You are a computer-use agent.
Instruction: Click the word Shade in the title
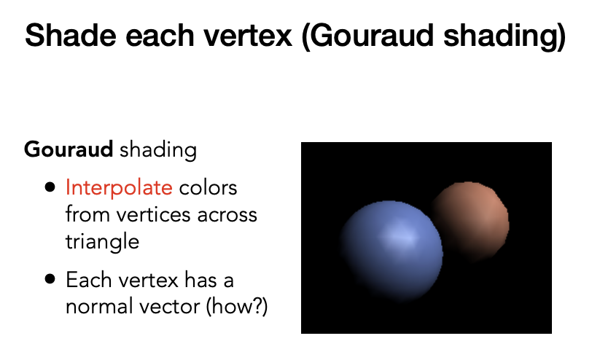point(70,35)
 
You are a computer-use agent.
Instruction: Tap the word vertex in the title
point(248,36)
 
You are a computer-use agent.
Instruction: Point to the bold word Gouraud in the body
point(69,149)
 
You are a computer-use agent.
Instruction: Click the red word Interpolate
point(119,188)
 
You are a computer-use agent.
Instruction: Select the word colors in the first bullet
point(208,188)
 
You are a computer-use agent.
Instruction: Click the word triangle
point(102,242)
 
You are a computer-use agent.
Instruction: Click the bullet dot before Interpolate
point(50,187)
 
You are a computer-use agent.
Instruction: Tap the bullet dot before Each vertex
point(50,279)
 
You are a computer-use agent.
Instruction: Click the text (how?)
point(237,306)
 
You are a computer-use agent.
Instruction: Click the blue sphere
point(391,251)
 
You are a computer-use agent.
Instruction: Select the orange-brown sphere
point(472,222)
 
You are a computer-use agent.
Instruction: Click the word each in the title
point(160,36)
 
